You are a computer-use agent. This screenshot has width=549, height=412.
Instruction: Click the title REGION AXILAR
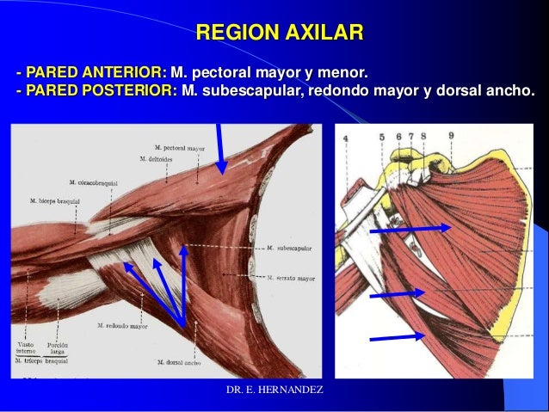(x=280, y=34)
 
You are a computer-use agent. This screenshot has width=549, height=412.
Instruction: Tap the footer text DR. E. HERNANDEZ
(x=274, y=391)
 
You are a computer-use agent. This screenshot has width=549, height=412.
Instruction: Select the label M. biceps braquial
(x=55, y=200)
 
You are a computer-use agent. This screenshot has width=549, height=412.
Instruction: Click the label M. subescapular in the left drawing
(x=289, y=248)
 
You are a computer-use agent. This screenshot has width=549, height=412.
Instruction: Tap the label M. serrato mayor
(x=291, y=278)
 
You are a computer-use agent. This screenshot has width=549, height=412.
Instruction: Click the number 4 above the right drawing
(x=346, y=138)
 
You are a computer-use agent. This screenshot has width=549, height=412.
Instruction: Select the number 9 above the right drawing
(x=451, y=136)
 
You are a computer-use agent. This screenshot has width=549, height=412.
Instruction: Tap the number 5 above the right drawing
(x=381, y=137)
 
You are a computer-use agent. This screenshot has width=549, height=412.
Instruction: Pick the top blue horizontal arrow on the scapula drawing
(x=410, y=229)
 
